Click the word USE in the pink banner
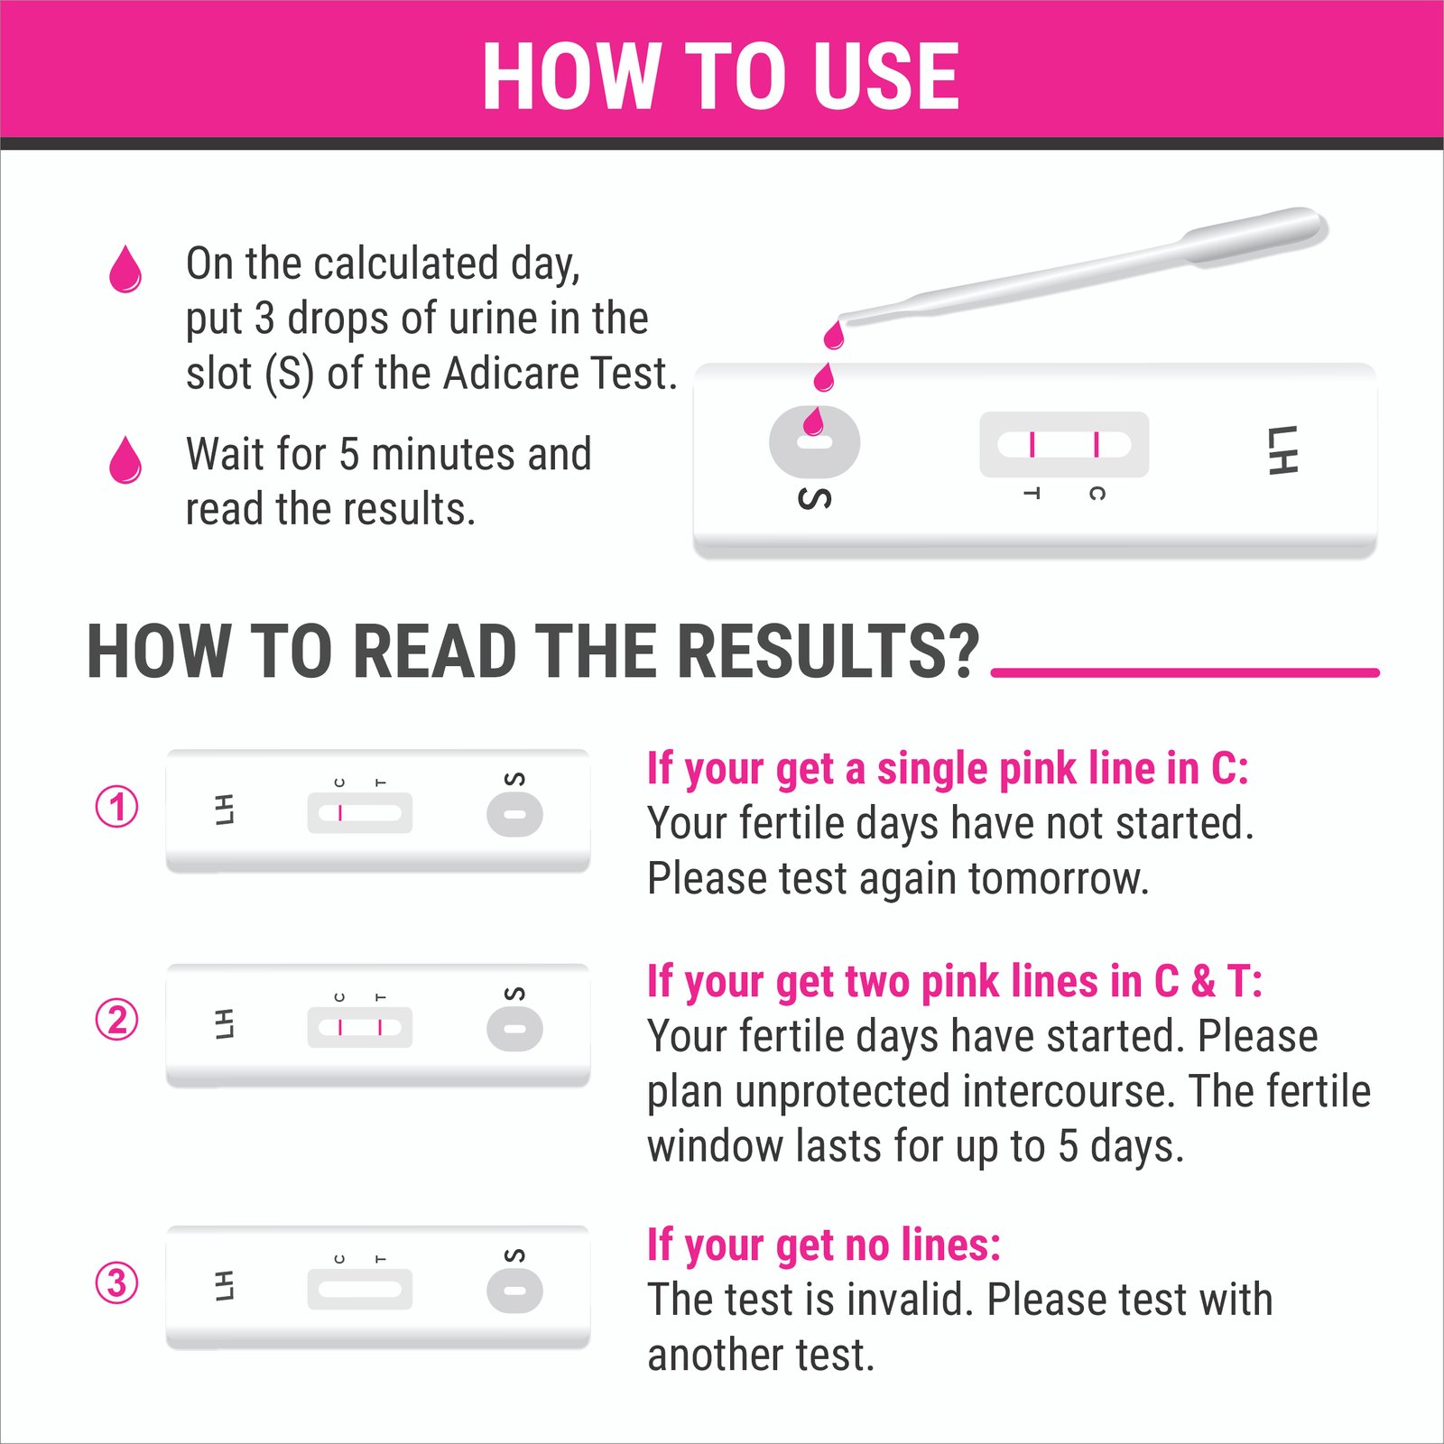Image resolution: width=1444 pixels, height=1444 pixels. click(x=885, y=76)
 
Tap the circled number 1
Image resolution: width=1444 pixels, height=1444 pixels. click(x=117, y=806)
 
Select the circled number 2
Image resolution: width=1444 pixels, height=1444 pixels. click(x=117, y=1020)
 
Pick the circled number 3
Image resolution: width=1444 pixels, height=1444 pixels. click(x=117, y=1282)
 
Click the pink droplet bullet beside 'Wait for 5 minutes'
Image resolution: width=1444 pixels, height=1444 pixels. click(x=125, y=459)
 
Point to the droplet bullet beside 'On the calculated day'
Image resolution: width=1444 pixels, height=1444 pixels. click(x=125, y=269)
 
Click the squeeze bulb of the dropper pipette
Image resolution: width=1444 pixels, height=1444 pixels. click(x=1254, y=235)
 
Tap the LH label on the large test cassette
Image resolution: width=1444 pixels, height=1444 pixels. click(x=1282, y=449)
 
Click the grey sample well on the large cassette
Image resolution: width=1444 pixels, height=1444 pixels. click(x=814, y=442)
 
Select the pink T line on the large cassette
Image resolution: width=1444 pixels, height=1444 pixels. click(x=1032, y=445)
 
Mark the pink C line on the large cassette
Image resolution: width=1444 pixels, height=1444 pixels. click(x=1097, y=445)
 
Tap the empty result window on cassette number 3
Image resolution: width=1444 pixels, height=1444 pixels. click(x=359, y=1289)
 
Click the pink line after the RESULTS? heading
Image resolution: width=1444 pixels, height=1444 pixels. click(x=1185, y=672)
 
